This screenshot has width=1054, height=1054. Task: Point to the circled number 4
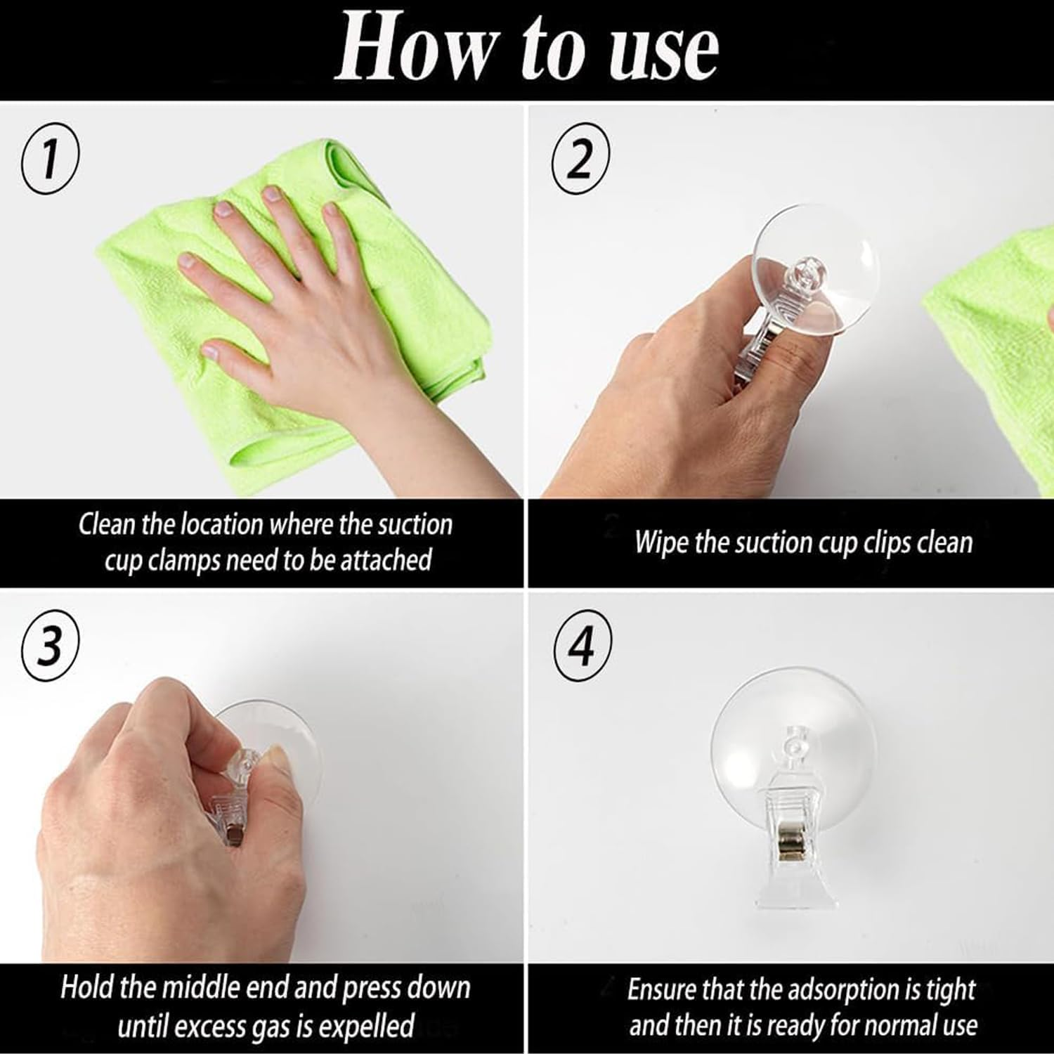point(582,647)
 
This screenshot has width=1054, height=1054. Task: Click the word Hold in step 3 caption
point(87,987)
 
